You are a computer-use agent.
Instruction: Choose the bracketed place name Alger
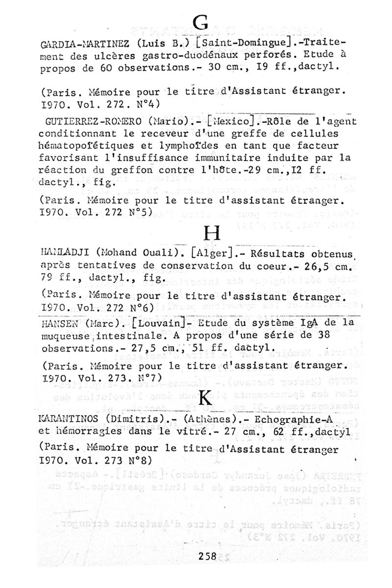pos(213,254)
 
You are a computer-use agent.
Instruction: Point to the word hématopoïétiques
pos(85,146)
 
